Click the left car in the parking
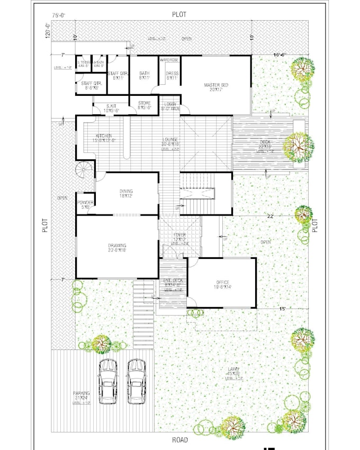pyautogui.click(x=107, y=381)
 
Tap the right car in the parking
pyautogui.click(x=137, y=381)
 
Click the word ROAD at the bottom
pyautogui.click(x=180, y=440)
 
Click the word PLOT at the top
pyautogui.click(x=179, y=14)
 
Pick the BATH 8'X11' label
pyautogui.click(x=145, y=76)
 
